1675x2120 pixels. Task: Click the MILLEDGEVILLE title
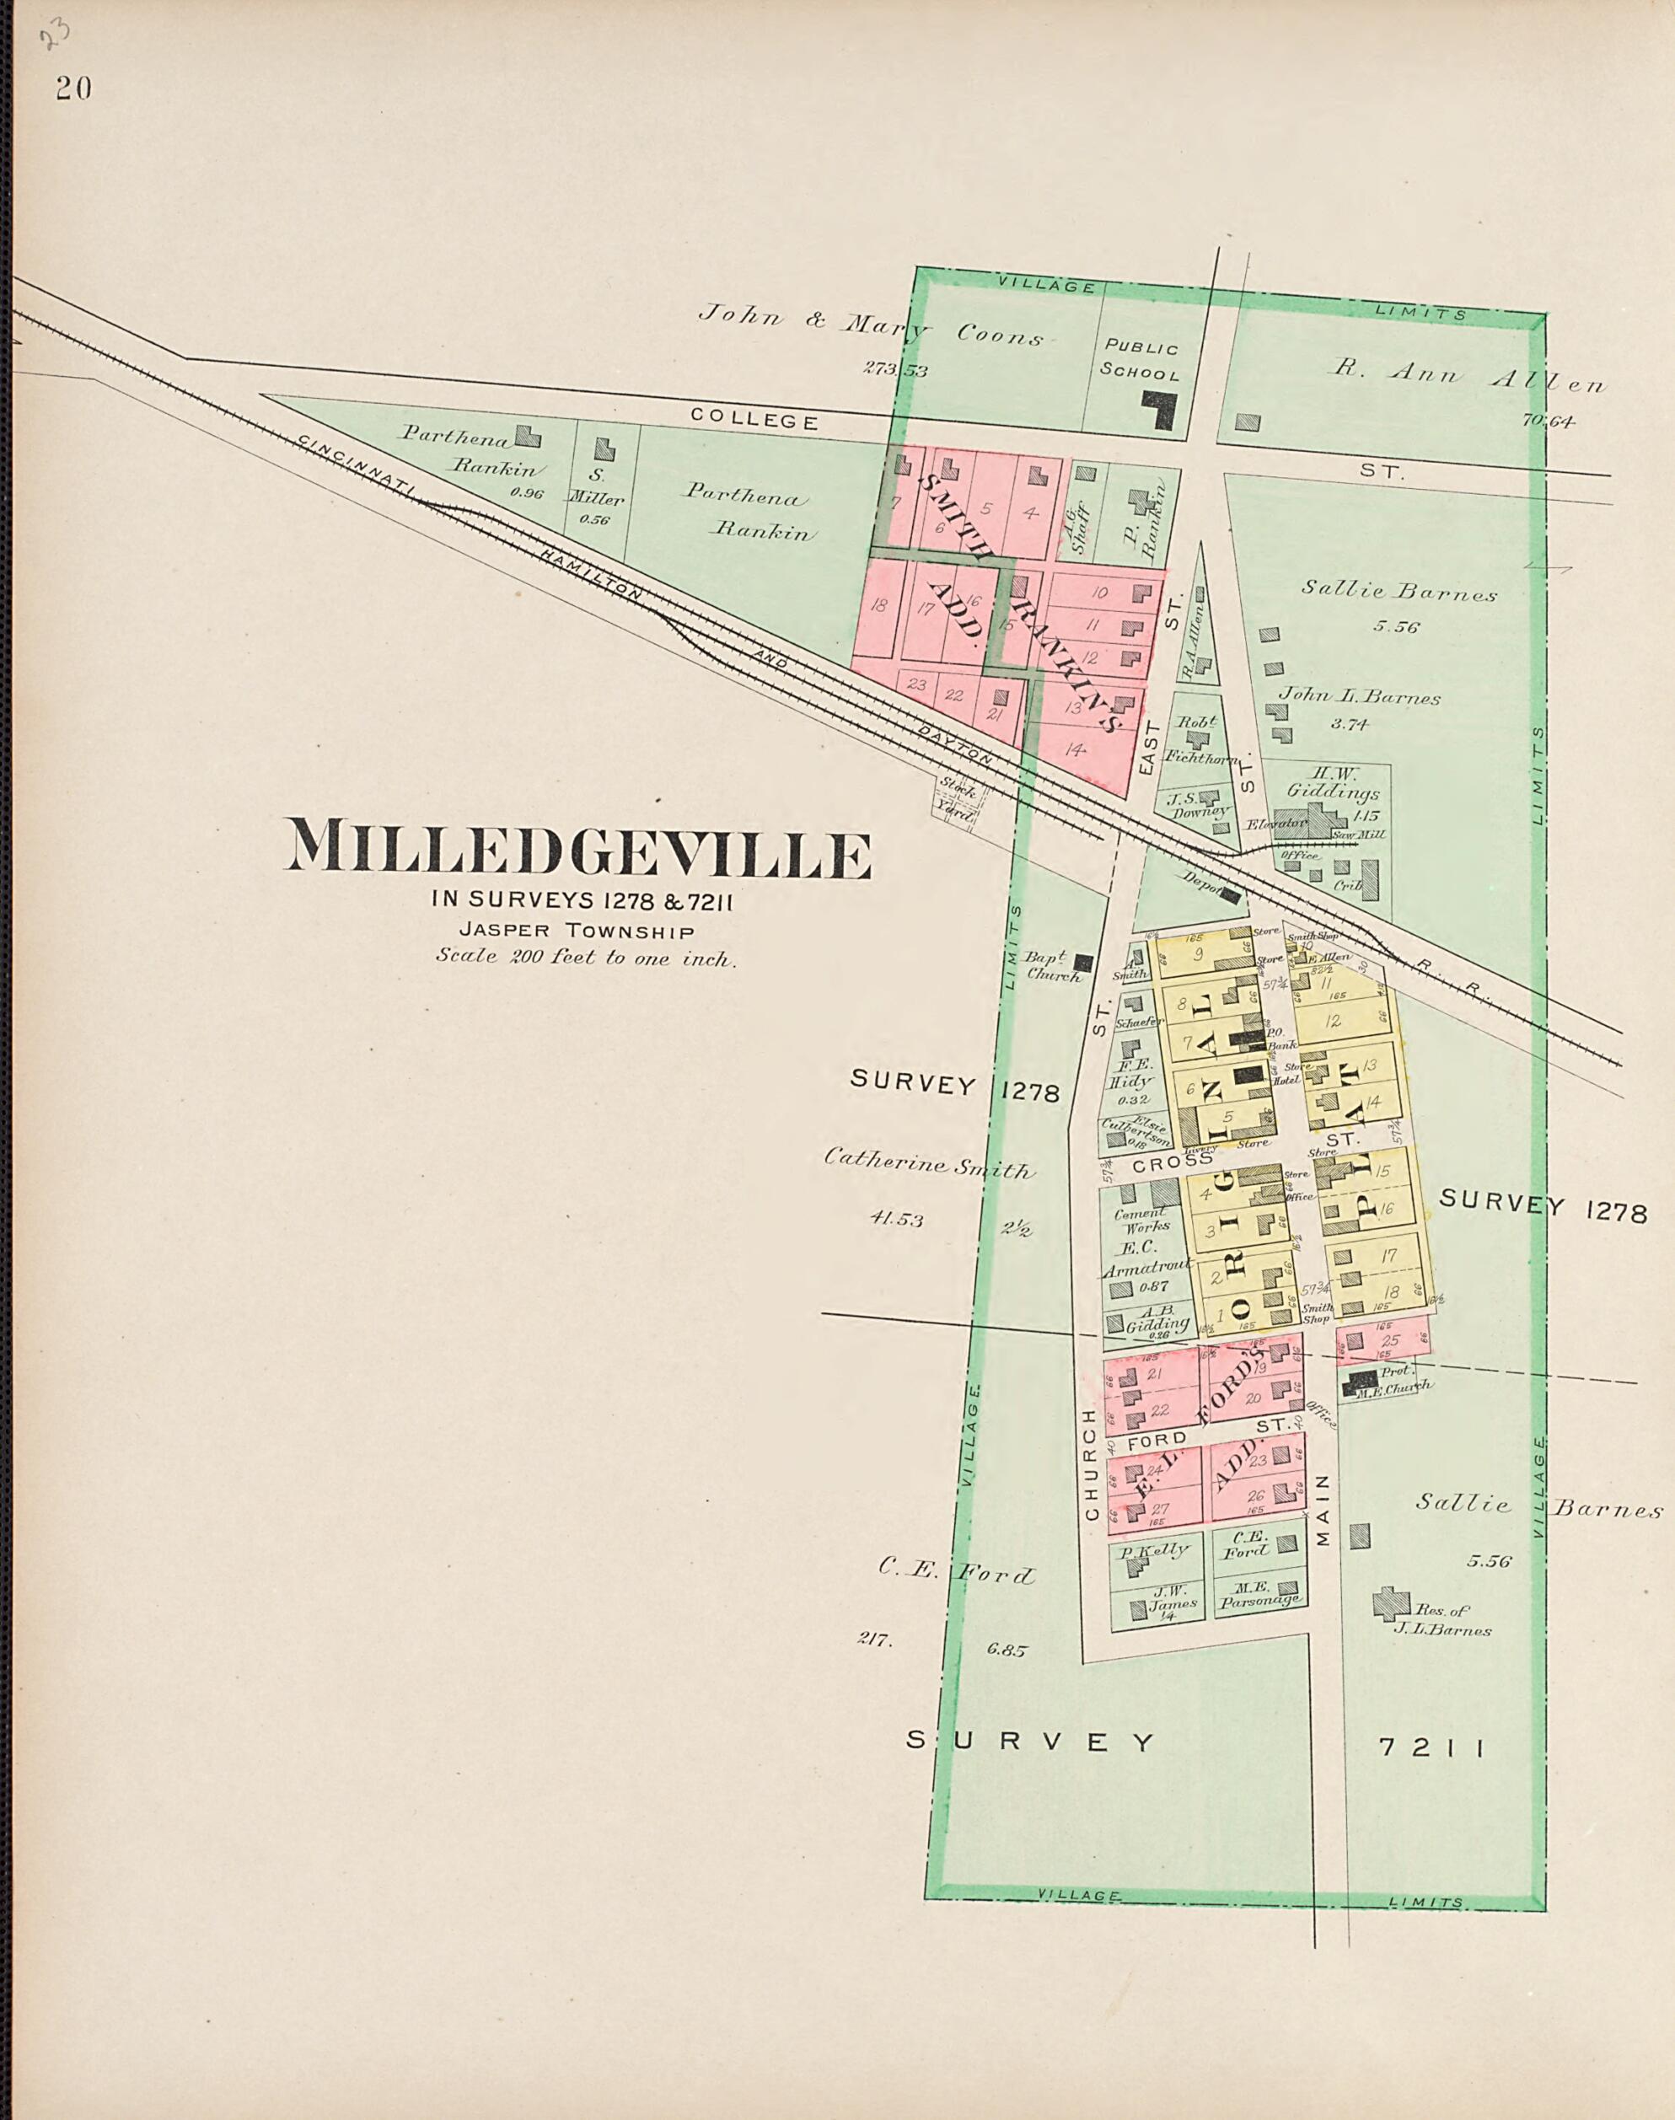(577, 848)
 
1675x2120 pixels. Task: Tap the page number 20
(73, 89)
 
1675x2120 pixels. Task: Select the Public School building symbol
(1160, 409)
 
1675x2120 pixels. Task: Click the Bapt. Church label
(1052, 967)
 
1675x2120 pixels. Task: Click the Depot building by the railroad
(1230, 895)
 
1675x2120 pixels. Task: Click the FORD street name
(1157, 1441)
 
